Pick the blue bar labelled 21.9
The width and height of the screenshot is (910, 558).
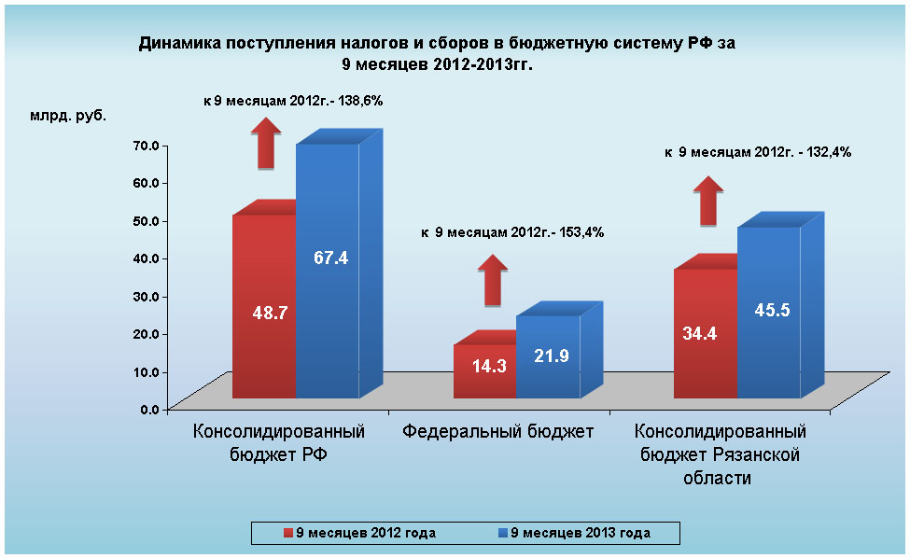point(548,356)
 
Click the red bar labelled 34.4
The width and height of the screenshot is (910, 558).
point(705,333)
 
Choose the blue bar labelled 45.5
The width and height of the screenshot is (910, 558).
point(768,313)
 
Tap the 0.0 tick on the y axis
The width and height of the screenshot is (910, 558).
point(151,409)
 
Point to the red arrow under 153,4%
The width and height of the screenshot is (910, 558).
point(493,280)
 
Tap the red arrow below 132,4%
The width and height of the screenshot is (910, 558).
point(709,200)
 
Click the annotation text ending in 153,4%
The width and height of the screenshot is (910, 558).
point(511,232)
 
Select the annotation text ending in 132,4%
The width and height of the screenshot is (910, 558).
point(757,152)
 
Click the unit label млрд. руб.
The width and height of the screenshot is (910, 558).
point(68,117)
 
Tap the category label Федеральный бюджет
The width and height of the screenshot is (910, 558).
point(498,432)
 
